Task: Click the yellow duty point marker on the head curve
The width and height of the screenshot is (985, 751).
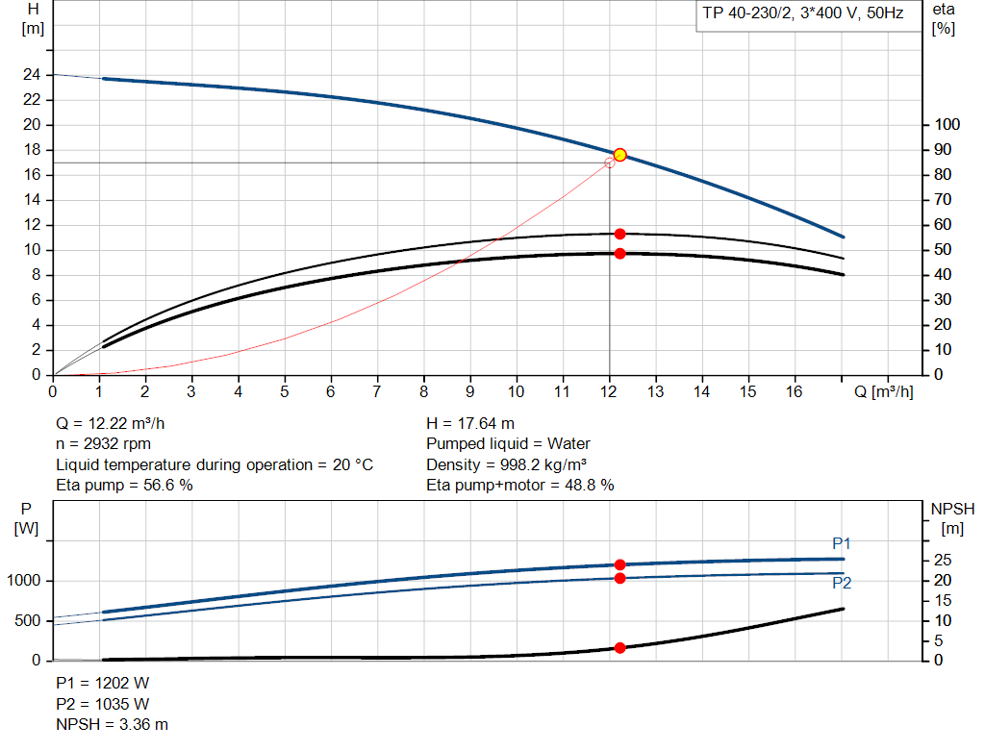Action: click(x=619, y=155)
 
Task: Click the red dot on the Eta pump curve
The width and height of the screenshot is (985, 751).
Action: click(x=619, y=234)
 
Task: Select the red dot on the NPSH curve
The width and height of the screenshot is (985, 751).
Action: click(x=619, y=648)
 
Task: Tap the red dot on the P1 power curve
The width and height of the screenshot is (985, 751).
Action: click(x=619, y=565)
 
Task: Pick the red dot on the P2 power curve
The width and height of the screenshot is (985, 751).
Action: click(x=619, y=578)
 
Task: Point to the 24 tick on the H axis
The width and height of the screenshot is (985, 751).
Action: click(x=34, y=75)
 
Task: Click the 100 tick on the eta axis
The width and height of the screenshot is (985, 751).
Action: click(x=947, y=125)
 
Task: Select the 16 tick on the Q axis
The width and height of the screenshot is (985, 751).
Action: click(x=795, y=391)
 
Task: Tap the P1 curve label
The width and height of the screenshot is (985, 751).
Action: click(x=842, y=544)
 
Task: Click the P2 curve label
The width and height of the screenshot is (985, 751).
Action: click(x=842, y=583)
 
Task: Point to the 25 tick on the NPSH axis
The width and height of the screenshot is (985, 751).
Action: click(x=944, y=561)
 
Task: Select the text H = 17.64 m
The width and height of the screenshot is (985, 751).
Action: click(x=469, y=423)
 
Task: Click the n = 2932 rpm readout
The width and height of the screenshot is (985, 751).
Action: click(x=104, y=444)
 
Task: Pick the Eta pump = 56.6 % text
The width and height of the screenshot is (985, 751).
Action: click(x=124, y=486)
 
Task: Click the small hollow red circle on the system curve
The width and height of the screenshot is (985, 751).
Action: click(x=609, y=163)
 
